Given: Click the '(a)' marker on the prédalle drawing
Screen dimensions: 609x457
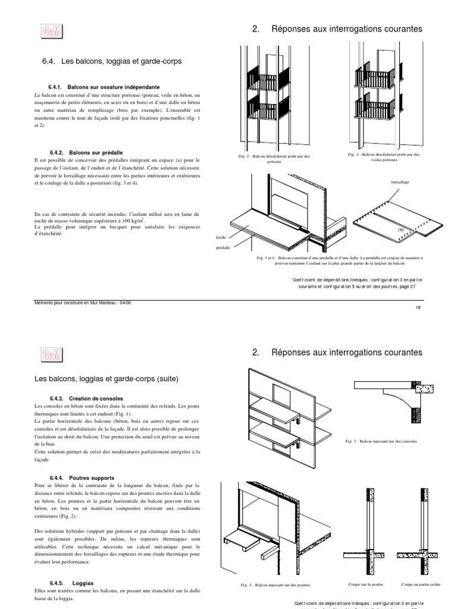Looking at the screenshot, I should pyautogui.click(x=400, y=228).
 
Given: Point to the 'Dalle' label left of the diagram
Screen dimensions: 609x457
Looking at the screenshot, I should pyautogui.click(x=221, y=237).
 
